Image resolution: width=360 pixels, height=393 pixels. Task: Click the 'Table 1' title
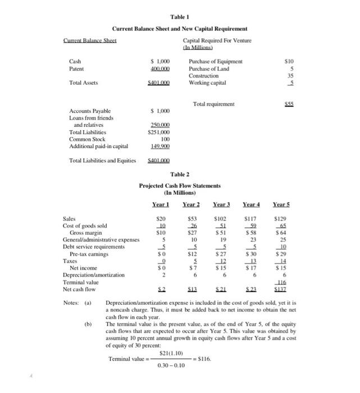[180, 17]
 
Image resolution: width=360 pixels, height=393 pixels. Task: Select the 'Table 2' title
[180, 175]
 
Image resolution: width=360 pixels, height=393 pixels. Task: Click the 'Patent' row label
[76, 68]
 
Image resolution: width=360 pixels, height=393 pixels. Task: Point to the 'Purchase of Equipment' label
[216, 61]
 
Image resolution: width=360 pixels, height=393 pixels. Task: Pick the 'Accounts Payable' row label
[90, 111]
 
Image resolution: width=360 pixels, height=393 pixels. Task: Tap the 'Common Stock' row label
[86, 138]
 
